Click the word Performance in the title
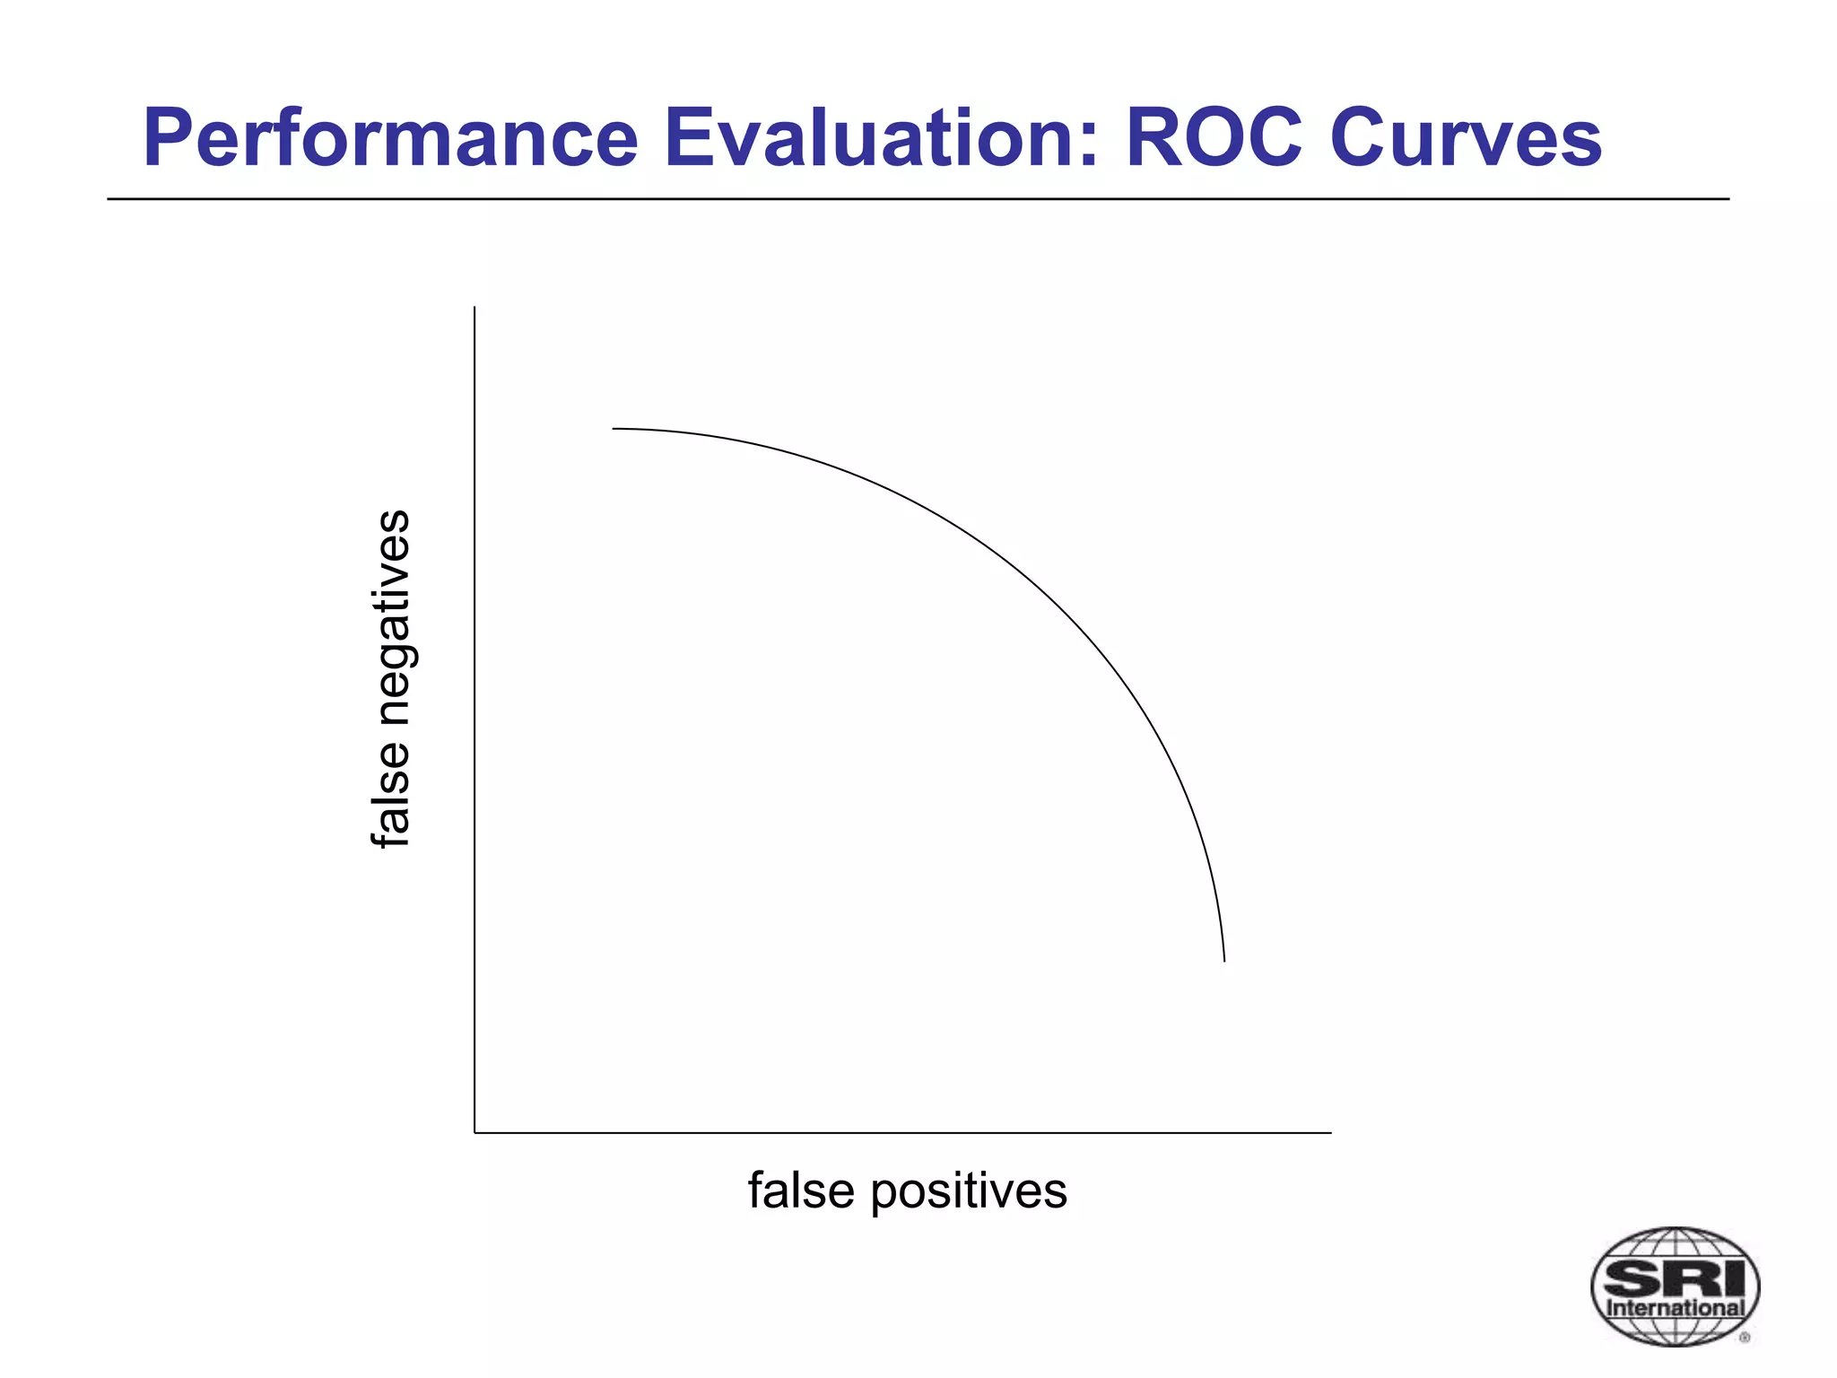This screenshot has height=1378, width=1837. [390, 139]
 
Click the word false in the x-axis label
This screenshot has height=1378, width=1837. [801, 1191]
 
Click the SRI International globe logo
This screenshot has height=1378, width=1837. [1674, 1286]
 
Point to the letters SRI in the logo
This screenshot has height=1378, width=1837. [1674, 1276]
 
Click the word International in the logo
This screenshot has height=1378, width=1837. [1675, 1307]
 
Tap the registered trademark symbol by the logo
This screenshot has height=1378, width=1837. [1745, 1338]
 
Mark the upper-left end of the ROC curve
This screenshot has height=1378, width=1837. [614, 429]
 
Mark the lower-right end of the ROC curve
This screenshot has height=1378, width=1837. [1224, 962]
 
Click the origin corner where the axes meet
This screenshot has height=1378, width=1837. [474, 1133]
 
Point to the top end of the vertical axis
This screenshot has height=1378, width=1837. [474, 308]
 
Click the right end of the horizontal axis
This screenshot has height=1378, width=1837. [1331, 1133]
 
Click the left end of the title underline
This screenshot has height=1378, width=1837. [109, 199]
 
